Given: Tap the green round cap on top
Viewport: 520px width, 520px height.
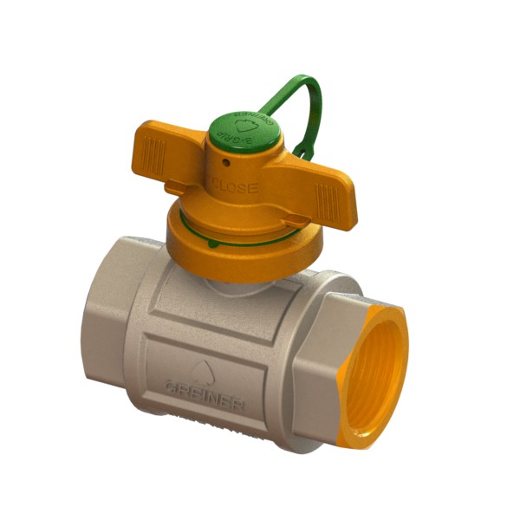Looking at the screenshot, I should (244, 127).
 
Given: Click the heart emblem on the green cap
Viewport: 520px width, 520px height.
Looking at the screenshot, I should (245, 126).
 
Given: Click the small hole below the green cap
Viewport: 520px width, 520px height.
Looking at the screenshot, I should (224, 161).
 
